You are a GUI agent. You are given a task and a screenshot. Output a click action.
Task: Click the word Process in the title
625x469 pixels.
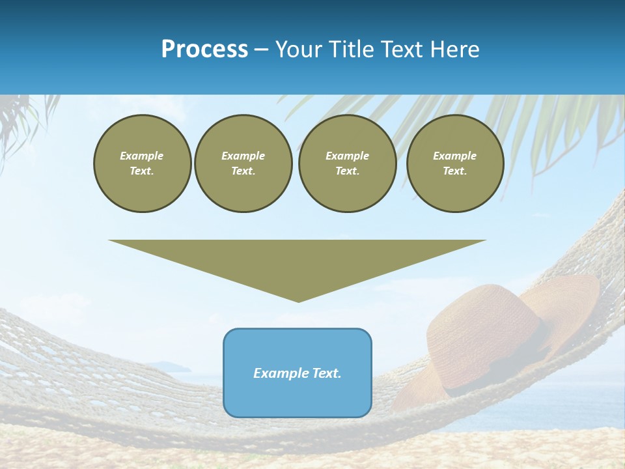[x=204, y=50]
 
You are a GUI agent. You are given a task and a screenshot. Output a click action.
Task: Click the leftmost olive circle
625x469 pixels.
[x=142, y=163]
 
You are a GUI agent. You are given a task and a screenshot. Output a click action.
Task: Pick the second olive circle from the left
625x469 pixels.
[x=243, y=163]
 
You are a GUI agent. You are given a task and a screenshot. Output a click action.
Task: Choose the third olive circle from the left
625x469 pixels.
[x=347, y=163]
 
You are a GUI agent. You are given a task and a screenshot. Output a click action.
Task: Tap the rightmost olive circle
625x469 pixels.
[x=455, y=163]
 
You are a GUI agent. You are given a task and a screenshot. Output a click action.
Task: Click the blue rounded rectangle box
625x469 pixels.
[x=298, y=373]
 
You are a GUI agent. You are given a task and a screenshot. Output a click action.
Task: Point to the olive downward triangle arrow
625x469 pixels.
[x=298, y=264]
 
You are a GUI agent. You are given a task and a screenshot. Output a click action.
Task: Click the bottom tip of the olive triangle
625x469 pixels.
[x=298, y=300]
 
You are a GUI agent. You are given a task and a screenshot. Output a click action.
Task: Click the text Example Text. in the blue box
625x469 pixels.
[x=298, y=373]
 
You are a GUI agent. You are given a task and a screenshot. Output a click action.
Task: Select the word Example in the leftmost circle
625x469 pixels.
[x=142, y=156]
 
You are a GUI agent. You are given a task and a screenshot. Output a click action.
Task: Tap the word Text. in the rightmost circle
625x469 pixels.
[x=455, y=171]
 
